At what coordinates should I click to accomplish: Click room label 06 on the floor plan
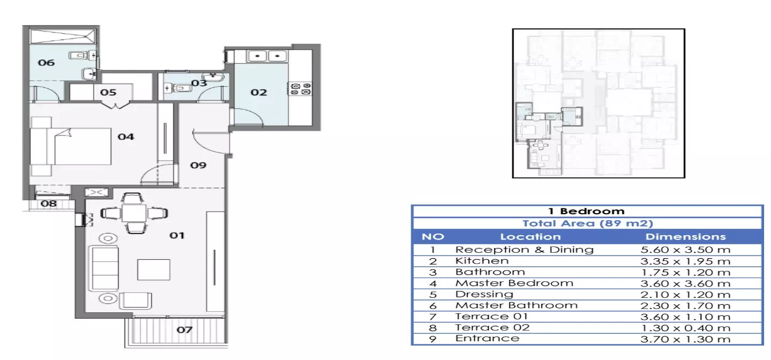[x=46, y=63]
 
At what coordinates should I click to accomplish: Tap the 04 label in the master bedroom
[x=126, y=137]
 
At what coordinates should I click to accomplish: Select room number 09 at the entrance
[x=198, y=166]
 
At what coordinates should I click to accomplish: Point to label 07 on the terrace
[x=185, y=330]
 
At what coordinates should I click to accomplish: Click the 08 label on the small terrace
[x=49, y=204]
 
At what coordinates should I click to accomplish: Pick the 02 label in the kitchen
[x=259, y=92]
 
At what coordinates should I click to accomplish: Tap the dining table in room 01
[x=134, y=213]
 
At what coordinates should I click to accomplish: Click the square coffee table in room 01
[x=154, y=270]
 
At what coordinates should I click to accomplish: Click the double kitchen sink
[x=267, y=56]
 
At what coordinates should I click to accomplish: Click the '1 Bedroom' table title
[x=586, y=211]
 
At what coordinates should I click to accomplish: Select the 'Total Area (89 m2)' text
[x=587, y=223]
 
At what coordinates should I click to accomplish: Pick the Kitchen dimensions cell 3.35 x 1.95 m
[x=685, y=261]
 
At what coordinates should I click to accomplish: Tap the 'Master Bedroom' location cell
[x=514, y=283]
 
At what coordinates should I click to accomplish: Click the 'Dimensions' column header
[x=685, y=237]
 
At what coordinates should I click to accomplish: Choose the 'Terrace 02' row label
[x=492, y=327]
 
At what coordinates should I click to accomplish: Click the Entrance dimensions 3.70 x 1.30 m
[x=685, y=339]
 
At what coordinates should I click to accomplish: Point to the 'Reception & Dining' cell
[x=524, y=250]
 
